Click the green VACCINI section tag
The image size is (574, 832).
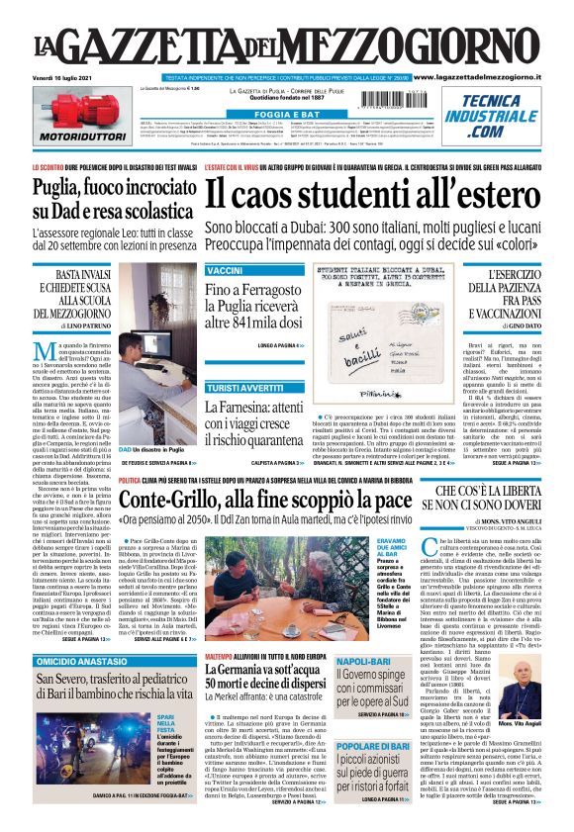tap(225, 271)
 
